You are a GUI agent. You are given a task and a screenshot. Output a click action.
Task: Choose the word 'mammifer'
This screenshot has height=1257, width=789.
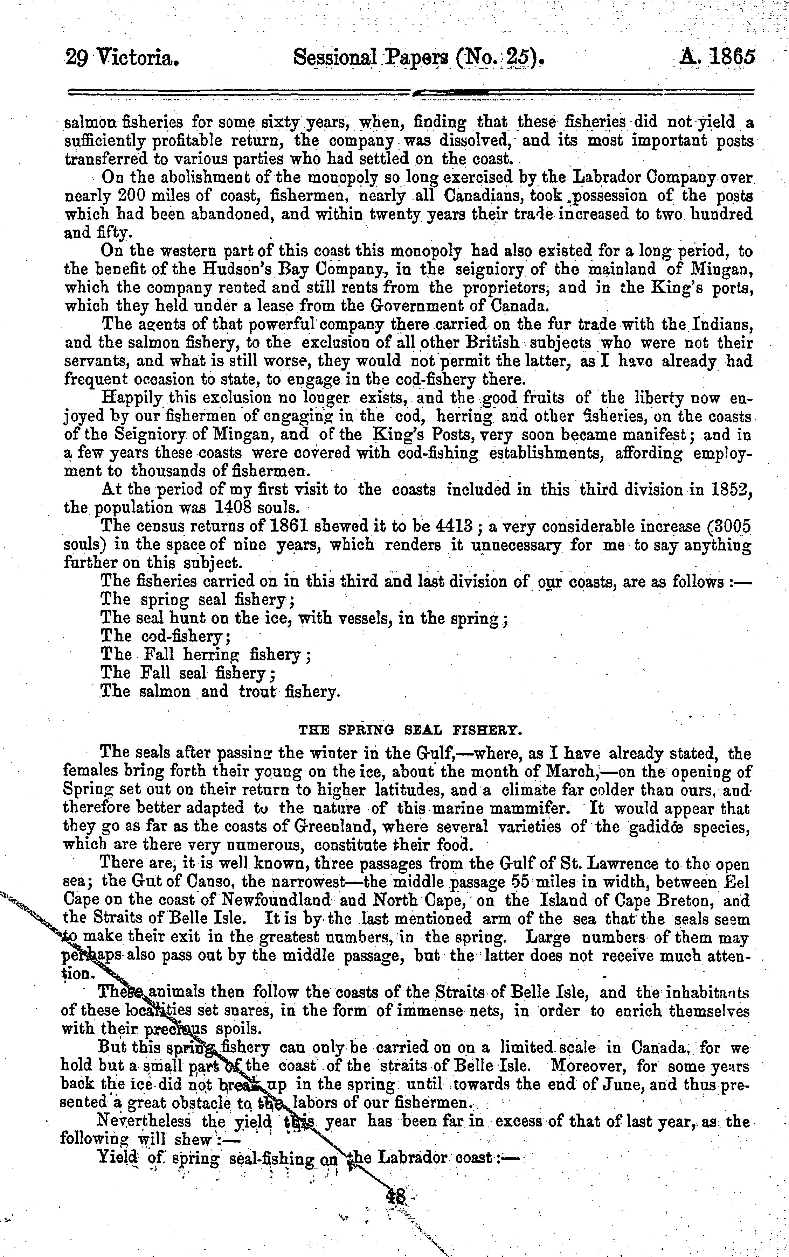(x=527, y=809)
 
